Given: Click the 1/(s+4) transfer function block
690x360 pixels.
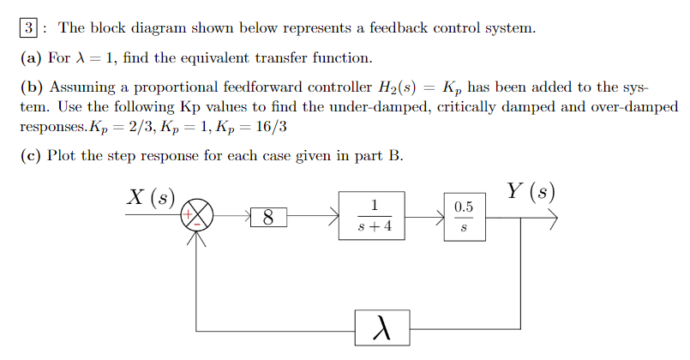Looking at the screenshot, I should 374,217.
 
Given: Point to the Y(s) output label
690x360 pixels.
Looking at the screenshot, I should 531,191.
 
